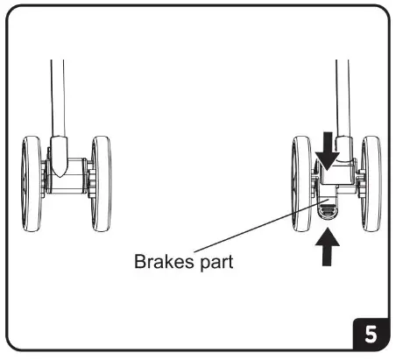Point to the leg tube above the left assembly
pyautogui.click(x=56, y=96)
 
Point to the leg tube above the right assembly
pyautogui.click(x=341, y=96)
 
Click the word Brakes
pyautogui.click(x=161, y=261)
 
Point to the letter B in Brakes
pyautogui.click(x=139, y=261)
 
